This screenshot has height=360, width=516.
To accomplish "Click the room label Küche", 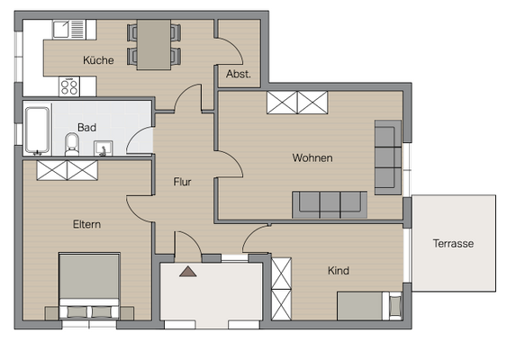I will coord(98,60).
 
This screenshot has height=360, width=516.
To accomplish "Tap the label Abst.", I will coord(239,74).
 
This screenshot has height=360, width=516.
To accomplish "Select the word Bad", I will coord(86,128).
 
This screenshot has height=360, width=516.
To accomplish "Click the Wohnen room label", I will coord(312,157).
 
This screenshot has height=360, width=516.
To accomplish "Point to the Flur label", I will coord(183,182).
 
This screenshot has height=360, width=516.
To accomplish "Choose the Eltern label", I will coord(86,225).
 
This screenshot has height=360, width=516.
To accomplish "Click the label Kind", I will coord(339,270).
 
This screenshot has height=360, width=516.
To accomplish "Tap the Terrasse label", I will coord(452,243).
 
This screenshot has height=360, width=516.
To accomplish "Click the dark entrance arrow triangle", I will coord(187,270).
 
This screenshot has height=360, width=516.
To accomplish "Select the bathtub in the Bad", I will coord(37,130).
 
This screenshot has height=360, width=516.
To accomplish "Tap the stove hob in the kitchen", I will coord(69,86).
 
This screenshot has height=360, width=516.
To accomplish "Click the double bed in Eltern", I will coord(89,286).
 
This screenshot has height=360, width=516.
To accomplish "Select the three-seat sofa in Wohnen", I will coord(329,204).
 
